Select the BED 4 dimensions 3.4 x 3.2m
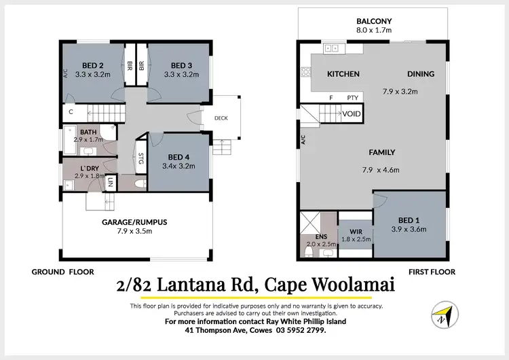(180, 166)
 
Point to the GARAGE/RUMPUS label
(130, 221)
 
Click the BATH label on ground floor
(88, 132)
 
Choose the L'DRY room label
(90, 168)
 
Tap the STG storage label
(141, 160)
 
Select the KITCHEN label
(343, 73)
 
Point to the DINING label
(420, 73)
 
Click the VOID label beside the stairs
(352, 113)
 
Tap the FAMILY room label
(381, 152)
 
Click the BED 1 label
(408, 220)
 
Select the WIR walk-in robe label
(354, 231)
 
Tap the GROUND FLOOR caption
(58, 272)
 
